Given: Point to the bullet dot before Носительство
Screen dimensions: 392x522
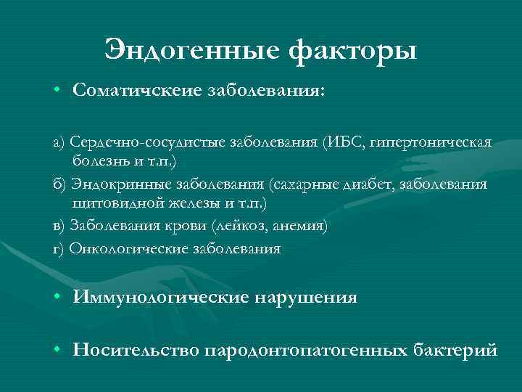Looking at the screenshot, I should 57,350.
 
